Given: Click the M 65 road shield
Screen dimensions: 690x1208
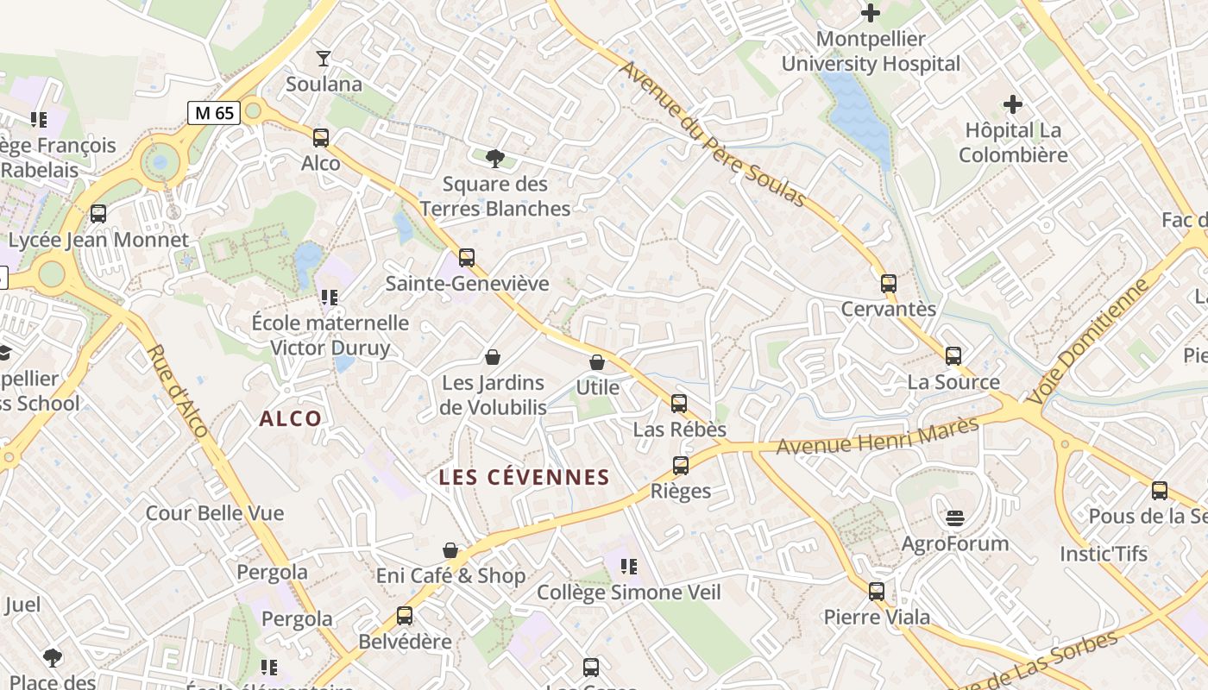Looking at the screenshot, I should pyautogui.click(x=213, y=112).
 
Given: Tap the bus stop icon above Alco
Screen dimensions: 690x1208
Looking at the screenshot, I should pyautogui.click(x=321, y=137).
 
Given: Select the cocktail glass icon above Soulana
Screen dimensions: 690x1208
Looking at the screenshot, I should pyautogui.click(x=324, y=59).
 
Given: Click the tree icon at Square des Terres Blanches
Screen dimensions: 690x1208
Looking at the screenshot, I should pyautogui.click(x=494, y=158).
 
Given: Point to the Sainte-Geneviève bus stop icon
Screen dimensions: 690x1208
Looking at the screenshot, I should pyautogui.click(x=467, y=257).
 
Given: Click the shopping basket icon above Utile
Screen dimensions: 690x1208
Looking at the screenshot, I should pyautogui.click(x=597, y=362).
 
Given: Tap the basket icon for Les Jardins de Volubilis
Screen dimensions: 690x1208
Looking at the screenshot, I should pyautogui.click(x=493, y=356).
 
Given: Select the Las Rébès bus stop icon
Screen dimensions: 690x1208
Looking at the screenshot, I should pyautogui.click(x=679, y=403).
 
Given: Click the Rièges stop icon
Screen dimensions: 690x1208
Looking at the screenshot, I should pyautogui.click(x=681, y=466).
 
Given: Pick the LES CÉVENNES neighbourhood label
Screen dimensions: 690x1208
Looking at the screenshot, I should pyautogui.click(x=524, y=477).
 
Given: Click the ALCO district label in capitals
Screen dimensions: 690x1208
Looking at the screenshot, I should pyautogui.click(x=291, y=419).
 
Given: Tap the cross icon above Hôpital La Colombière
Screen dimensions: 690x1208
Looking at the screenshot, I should pyautogui.click(x=1013, y=105).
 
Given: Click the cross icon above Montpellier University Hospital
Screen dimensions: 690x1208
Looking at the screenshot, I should pyautogui.click(x=871, y=13).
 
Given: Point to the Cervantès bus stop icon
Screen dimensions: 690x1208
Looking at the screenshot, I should pyautogui.click(x=889, y=283).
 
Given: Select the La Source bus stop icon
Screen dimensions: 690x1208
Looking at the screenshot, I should pyautogui.click(x=953, y=355).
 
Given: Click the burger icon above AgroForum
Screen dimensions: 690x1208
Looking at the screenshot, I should pyautogui.click(x=954, y=517).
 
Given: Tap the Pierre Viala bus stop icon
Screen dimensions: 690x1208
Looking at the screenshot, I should pyautogui.click(x=877, y=591).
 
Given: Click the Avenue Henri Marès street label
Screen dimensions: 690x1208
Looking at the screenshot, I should pyautogui.click(x=878, y=436).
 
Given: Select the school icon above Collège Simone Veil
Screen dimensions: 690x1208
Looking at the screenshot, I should pyautogui.click(x=629, y=567).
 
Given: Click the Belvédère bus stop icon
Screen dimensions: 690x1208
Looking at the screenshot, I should pyautogui.click(x=405, y=616).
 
